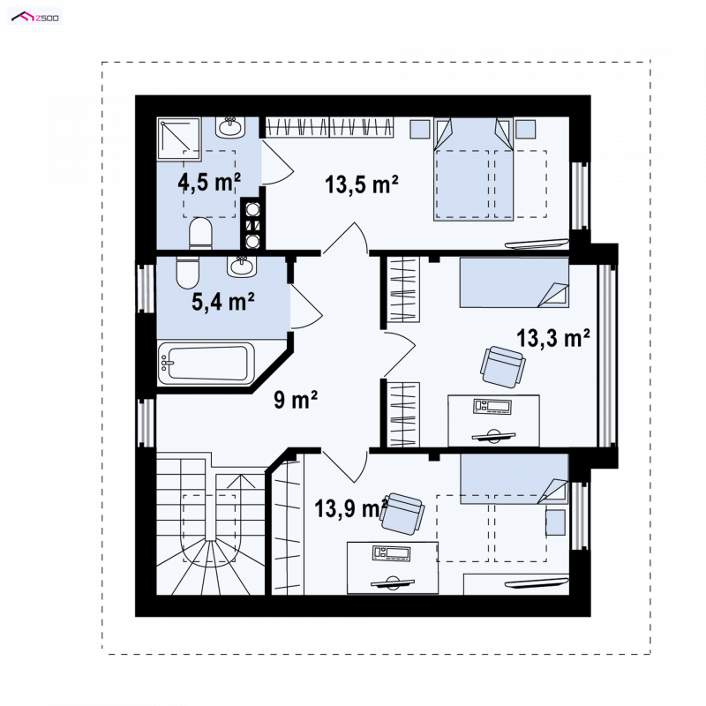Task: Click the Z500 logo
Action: pos(35,18)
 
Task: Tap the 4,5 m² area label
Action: pos(209,183)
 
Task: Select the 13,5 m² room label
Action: pos(362,184)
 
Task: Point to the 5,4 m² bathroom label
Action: pos(223,301)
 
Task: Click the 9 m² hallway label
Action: pos(296,400)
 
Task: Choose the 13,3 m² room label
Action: pos(553,338)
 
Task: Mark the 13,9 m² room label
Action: pos(351,508)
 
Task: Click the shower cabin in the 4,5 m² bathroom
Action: pos(179,139)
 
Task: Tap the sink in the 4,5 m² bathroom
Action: pos(230,127)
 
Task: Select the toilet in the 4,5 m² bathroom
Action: pos(200,233)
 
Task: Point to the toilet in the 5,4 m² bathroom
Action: pos(187,273)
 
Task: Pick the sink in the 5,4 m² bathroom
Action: pos(242,267)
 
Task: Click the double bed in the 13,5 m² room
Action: pos(473,169)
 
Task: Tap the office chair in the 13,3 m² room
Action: pos(502,366)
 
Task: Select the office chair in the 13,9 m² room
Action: pos(402,514)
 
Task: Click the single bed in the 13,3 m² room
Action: pos(514,282)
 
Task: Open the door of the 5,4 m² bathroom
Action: pos(306,306)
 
